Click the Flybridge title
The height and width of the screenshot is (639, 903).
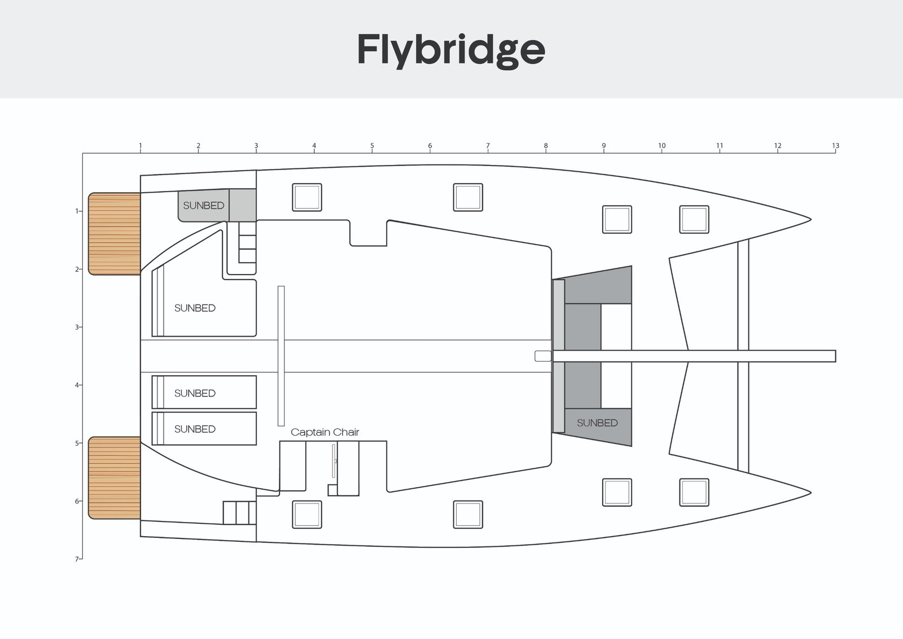point(451,50)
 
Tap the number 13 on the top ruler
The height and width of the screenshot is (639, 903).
point(835,146)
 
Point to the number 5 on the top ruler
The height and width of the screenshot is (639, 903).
point(372,146)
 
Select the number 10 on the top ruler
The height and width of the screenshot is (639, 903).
point(661,146)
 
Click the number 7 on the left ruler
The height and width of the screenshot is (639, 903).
point(76,559)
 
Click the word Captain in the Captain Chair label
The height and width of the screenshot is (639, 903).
point(308,432)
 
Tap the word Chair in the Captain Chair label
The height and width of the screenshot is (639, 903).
point(346,432)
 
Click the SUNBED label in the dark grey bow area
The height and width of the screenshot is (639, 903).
point(597,423)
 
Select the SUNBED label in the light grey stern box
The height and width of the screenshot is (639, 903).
point(203,206)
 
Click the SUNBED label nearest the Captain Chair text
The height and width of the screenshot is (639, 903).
point(195,429)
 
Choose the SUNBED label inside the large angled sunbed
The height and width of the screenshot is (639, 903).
point(195,308)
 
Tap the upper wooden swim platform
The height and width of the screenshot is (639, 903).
point(115,234)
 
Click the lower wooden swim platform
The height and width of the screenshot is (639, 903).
point(115,478)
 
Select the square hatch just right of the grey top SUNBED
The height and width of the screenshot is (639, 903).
point(307,197)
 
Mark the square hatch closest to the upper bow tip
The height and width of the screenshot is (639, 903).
point(694,219)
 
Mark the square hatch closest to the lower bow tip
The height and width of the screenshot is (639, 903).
point(694,492)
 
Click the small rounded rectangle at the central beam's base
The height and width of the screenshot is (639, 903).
point(543,356)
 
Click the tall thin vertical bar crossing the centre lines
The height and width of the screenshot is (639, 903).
point(281,356)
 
